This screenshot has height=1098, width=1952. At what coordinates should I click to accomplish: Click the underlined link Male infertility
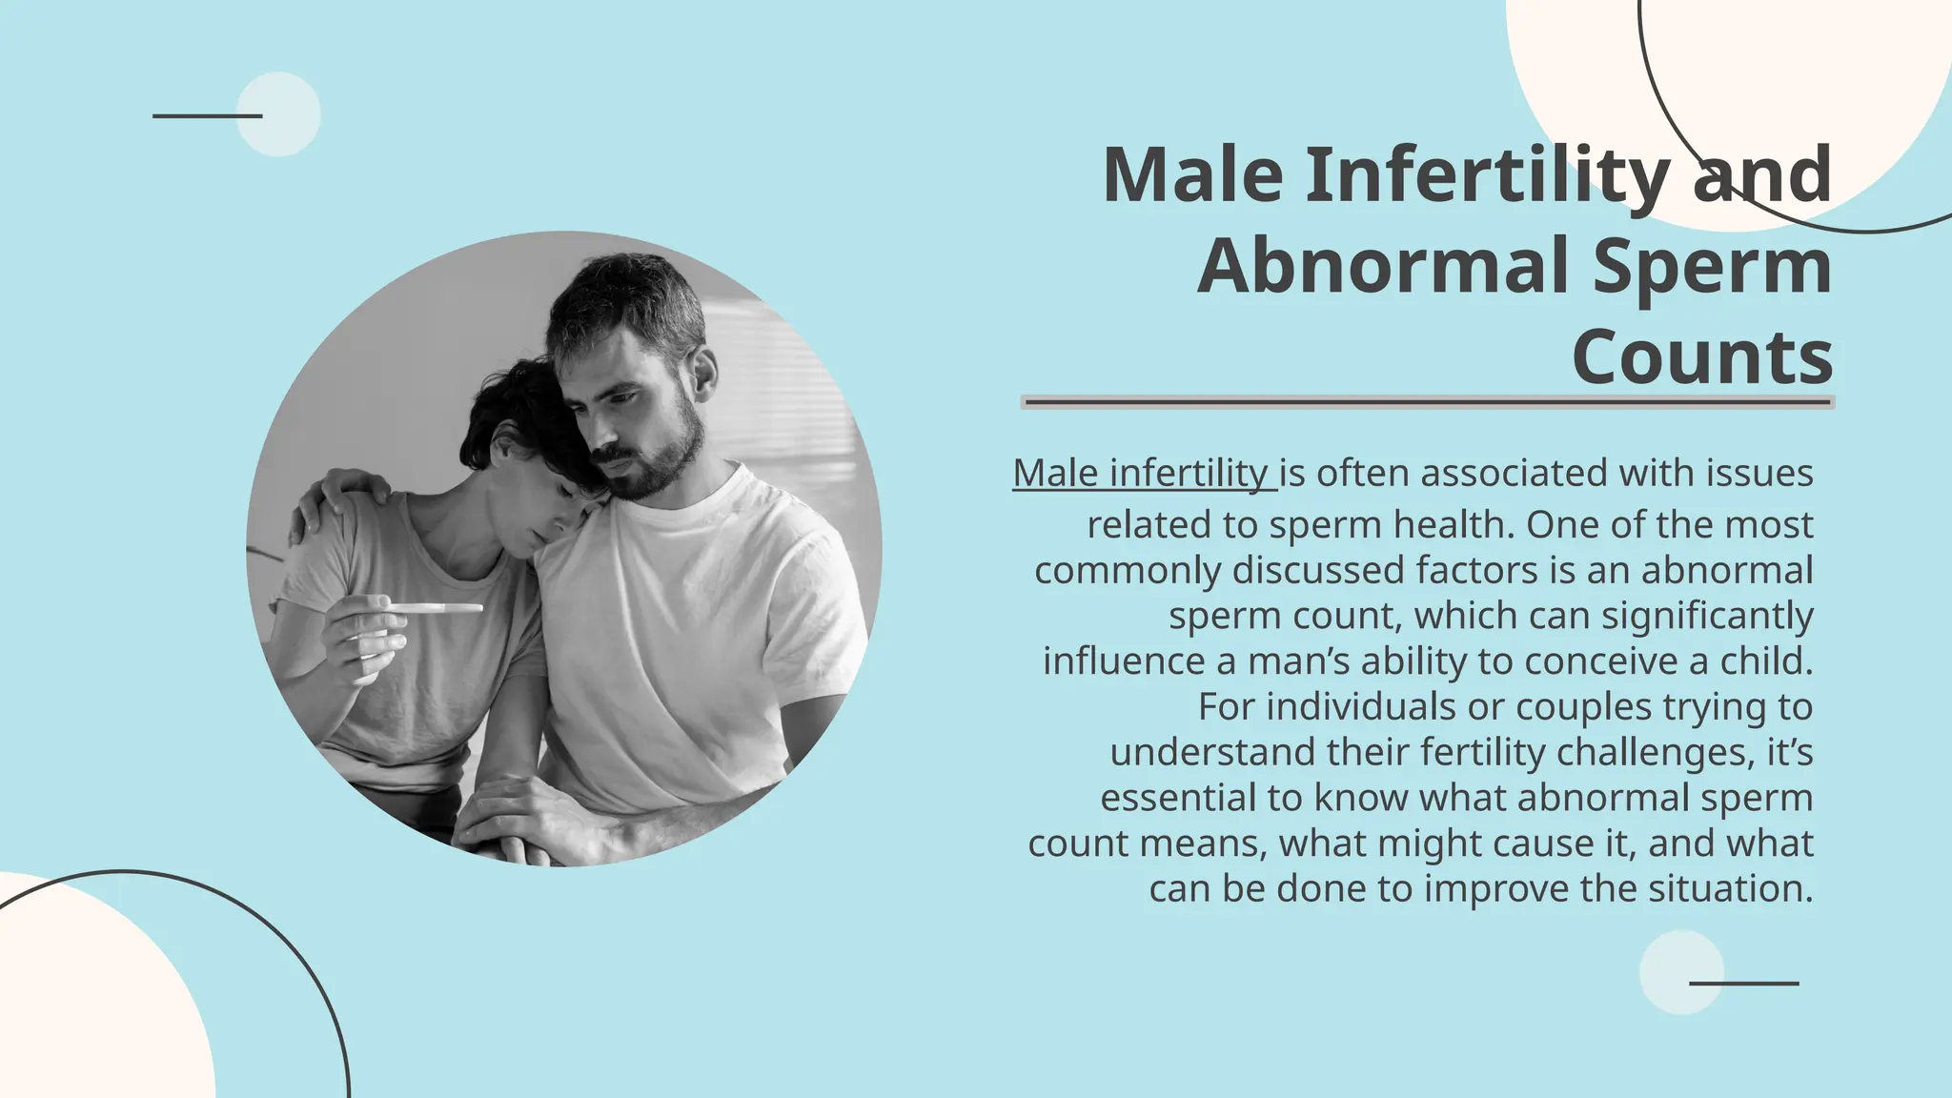[x=1142, y=473]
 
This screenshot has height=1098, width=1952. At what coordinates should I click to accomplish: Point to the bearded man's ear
[x=703, y=373]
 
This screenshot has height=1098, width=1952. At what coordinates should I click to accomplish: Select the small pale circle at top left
[x=278, y=114]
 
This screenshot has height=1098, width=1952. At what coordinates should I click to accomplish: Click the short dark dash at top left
[x=207, y=116]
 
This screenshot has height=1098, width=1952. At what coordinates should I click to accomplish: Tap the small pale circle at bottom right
[x=1681, y=972]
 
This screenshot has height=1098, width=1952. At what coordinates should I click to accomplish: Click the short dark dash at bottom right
[x=1743, y=983]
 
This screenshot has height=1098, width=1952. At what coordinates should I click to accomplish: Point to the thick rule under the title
[x=1427, y=402]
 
